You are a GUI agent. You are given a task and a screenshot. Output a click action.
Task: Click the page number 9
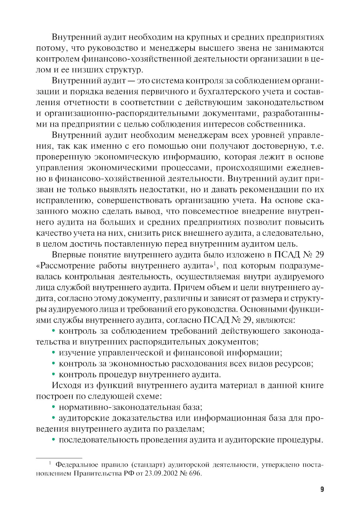click(x=322, y=490)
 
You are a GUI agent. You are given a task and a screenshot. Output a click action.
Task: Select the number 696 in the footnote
click(x=195, y=473)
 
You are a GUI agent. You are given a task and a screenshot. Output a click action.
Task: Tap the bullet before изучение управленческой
click(x=54, y=353)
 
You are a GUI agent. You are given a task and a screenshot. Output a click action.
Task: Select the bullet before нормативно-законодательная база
click(x=54, y=407)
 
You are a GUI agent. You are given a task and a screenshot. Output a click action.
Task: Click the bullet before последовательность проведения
click(x=54, y=440)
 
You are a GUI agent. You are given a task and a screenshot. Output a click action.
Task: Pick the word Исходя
click(x=64, y=386)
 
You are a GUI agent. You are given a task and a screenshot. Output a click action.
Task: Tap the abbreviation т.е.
click(x=318, y=146)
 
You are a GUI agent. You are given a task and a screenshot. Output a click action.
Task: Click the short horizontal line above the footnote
click(x=59, y=457)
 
